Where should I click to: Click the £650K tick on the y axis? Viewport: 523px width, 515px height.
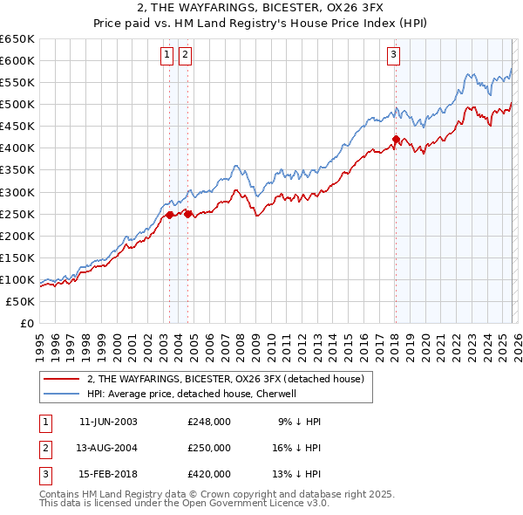pyautogui.click(x=17, y=39)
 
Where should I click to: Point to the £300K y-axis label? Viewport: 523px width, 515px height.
pyautogui.click(x=17, y=192)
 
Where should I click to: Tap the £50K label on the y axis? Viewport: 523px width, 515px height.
pyautogui.click(x=21, y=301)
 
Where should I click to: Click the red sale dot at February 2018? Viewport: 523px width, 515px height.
pyautogui.click(x=396, y=139)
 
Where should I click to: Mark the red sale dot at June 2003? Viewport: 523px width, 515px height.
pyautogui.click(x=169, y=214)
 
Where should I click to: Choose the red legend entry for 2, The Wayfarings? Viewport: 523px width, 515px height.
pyautogui.click(x=230, y=378)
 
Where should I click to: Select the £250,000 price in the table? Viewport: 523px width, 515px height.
pyautogui.click(x=208, y=448)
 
